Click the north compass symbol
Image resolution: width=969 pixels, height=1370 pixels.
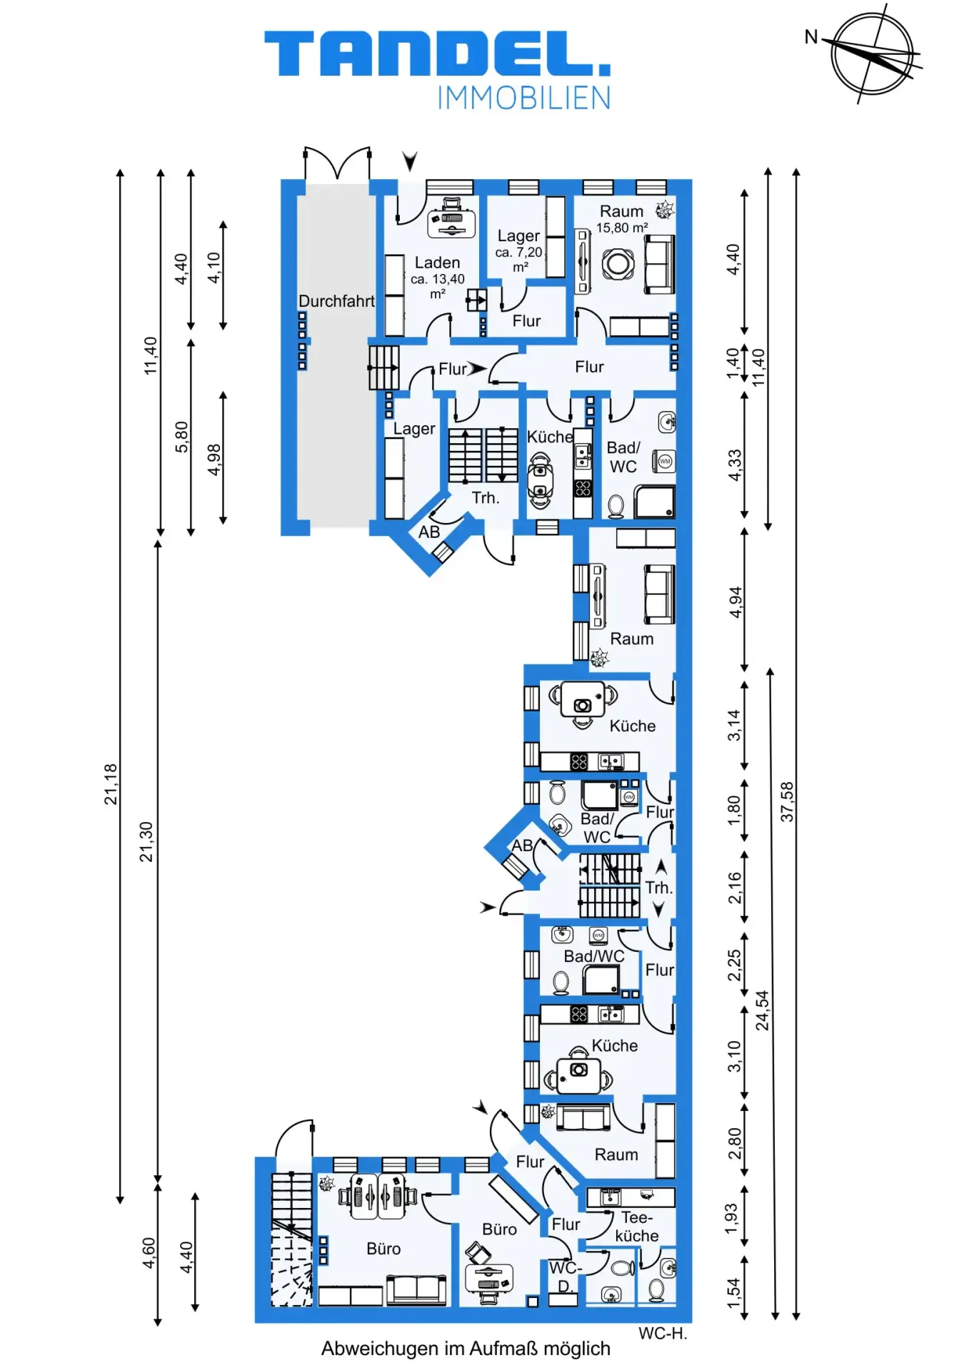pyautogui.click(x=872, y=54)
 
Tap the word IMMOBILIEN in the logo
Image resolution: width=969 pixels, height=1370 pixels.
pyautogui.click(x=524, y=98)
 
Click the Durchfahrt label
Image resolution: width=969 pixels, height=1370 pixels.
pyautogui.click(x=336, y=301)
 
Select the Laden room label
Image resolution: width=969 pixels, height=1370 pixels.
pyautogui.click(x=437, y=263)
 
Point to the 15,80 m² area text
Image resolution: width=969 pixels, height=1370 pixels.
pyautogui.click(x=622, y=228)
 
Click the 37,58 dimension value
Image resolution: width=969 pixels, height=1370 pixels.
pyautogui.click(x=787, y=801)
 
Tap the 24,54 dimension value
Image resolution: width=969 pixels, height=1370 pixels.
pyautogui.click(x=763, y=1010)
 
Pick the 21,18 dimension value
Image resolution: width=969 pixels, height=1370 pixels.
pyautogui.click(x=111, y=784)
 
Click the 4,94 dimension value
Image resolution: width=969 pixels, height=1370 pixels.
pyautogui.click(x=735, y=603)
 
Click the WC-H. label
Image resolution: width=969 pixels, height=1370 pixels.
pyautogui.click(x=663, y=1334)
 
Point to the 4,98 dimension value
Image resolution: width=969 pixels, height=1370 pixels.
pyautogui.click(x=214, y=460)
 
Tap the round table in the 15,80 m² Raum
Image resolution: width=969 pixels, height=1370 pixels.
pyautogui.click(x=618, y=264)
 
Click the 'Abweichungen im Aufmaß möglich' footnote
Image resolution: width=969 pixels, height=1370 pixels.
pyautogui.click(x=466, y=1349)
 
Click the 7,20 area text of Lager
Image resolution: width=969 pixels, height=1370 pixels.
pyautogui.click(x=519, y=253)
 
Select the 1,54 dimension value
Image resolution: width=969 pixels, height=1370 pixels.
pyautogui.click(x=733, y=1294)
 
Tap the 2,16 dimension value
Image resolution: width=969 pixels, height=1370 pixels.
pyautogui.click(x=735, y=888)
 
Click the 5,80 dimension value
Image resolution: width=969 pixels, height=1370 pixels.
pyautogui.click(x=182, y=437)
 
